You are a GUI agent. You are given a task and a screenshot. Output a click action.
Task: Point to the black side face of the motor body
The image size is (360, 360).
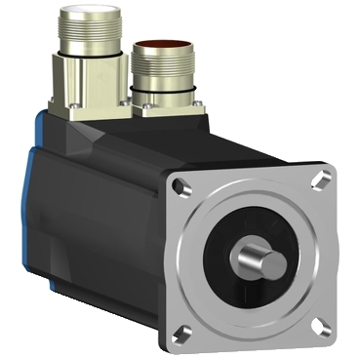[x=107, y=234]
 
